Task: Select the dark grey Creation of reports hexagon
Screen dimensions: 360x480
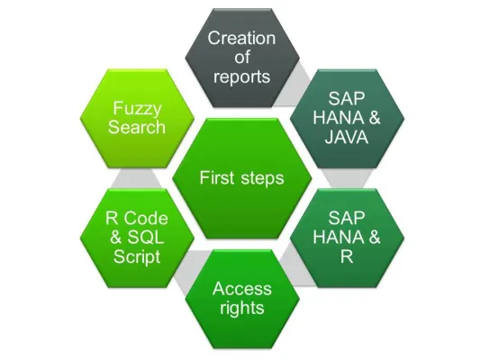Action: [241, 57]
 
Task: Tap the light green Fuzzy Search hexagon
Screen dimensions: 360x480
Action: [137, 117]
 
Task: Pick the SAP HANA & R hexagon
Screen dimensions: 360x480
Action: [347, 236]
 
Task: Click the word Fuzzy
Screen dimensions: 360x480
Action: [137, 108]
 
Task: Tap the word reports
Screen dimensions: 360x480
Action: [241, 76]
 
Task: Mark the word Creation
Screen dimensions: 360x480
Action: [241, 38]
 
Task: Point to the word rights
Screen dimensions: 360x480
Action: [241, 308]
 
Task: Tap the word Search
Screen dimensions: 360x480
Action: [137, 127]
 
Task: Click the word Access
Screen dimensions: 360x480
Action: [241, 289]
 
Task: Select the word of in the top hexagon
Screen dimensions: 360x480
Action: [241, 57]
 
